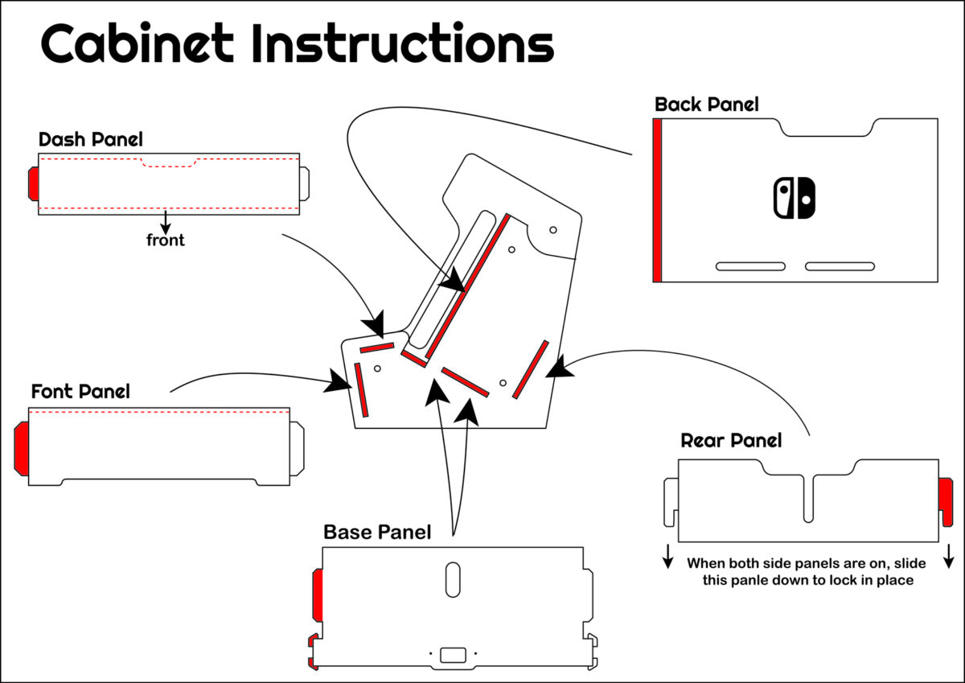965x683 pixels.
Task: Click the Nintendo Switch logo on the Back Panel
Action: [794, 198]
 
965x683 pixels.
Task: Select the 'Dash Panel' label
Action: [91, 139]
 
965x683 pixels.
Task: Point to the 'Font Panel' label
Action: [80, 392]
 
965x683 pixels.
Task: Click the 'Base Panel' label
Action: [377, 532]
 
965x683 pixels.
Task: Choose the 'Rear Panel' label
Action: [731, 440]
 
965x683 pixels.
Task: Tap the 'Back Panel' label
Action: [706, 104]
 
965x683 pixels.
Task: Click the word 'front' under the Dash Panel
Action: [165, 240]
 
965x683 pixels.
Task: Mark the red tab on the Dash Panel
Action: [33, 183]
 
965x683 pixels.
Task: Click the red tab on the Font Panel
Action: [22, 446]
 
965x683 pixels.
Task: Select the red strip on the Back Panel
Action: [657, 200]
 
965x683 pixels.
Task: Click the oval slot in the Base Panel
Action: [453, 579]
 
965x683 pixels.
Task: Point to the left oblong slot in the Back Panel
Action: [750, 266]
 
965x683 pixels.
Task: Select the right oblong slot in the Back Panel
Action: [840, 266]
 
